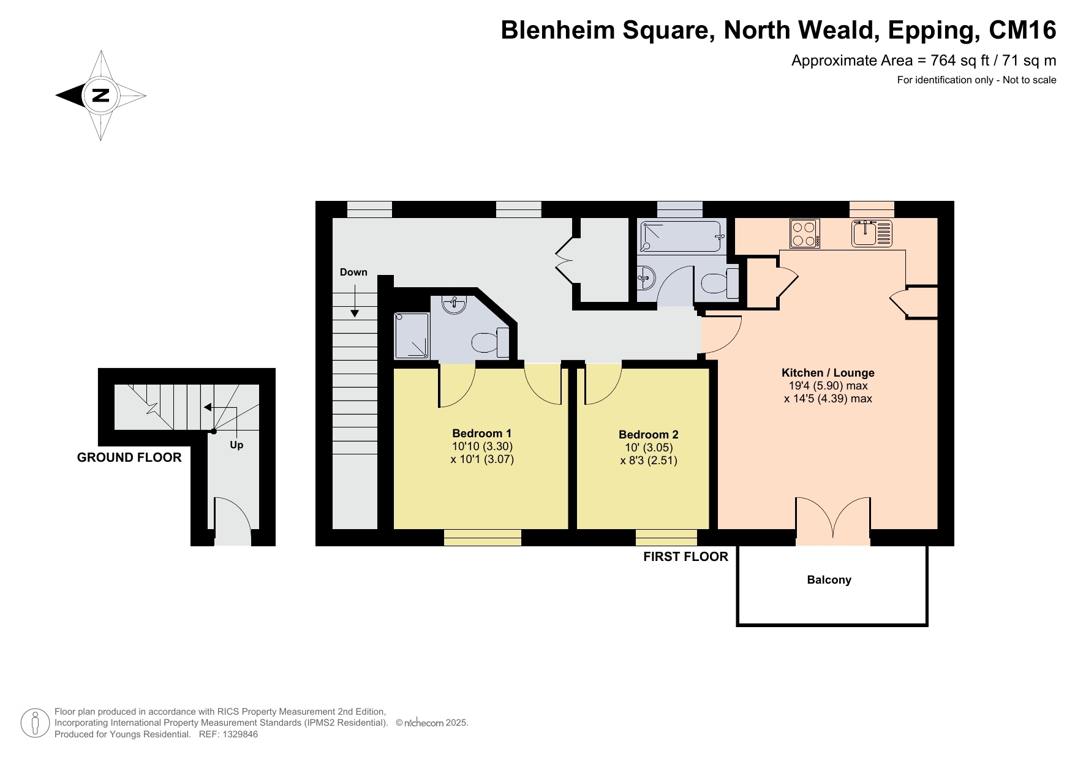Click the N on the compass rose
pyautogui.click(x=100, y=96)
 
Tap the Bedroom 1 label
pyautogui.click(x=482, y=433)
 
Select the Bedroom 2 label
pyautogui.click(x=649, y=435)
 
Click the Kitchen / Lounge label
pyautogui.click(x=828, y=372)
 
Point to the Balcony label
pyautogui.click(x=829, y=580)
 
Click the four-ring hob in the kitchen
pyautogui.click(x=805, y=233)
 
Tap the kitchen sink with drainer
pyautogui.click(x=872, y=233)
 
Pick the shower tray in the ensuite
pyautogui.click(x=412, y=336)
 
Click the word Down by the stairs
pyautogui.click(x=353, y=272)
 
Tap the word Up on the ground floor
pyautogui.click(x=236, y=445)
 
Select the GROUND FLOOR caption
pyautogui.click(x=129, y=457)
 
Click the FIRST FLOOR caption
pyautogui.click(x=686, y=557)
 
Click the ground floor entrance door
pyautogui.click(x=232, y=521)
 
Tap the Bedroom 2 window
pyautogui.click(x=666, y=537)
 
